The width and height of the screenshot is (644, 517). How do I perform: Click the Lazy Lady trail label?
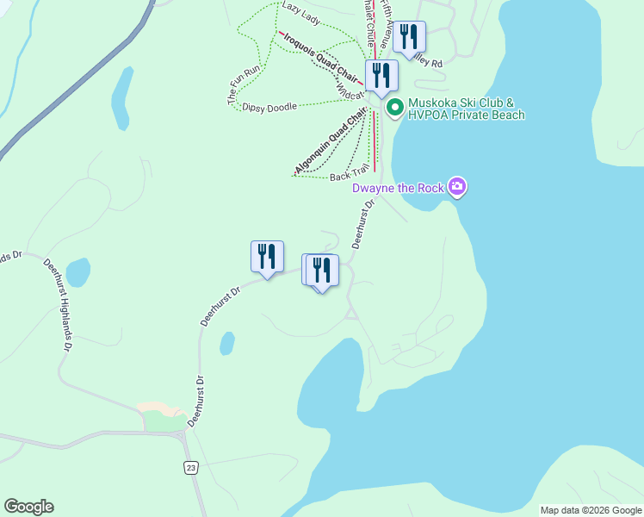click(x=300, y=7)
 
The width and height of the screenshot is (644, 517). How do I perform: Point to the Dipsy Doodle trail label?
click(x=269, y=107)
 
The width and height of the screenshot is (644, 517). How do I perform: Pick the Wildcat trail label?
click(x=351, y=84)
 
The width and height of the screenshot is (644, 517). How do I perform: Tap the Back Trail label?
click(x=350, y=175)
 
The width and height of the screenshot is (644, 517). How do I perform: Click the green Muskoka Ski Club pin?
click(x=395, y=108)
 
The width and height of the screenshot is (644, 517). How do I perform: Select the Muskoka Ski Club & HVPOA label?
click(x=466, y=109)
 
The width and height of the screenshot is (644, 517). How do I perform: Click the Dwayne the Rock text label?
click(x=399, y=187)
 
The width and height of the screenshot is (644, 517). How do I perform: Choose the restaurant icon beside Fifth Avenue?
click(x=409, y=36)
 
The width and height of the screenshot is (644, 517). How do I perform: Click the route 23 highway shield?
click(x=189, y=467)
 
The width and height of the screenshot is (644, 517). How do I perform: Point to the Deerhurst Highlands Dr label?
click(x=58, y=302)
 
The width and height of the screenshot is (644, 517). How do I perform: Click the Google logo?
click(x=28, y=507)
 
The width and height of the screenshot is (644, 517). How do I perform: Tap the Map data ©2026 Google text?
click(x=590, y=510)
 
